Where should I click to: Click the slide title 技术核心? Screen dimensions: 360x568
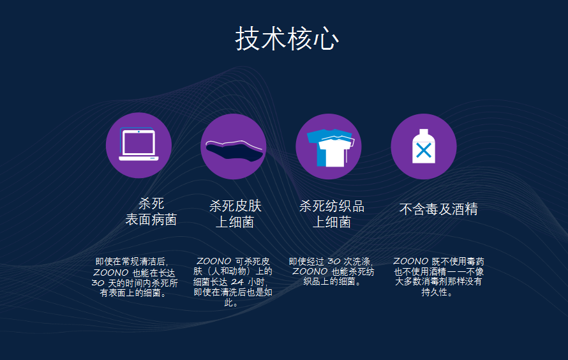coord(287,39)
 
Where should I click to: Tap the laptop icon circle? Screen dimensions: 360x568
coord(138,146)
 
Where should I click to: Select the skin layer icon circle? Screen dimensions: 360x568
coord(233,146)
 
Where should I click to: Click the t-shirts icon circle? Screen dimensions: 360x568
coord(328,146)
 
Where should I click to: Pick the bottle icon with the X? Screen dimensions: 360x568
coord(423,146)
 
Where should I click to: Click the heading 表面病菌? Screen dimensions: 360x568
coord(151,220)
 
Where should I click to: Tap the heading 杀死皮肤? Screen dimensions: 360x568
coord(235,206)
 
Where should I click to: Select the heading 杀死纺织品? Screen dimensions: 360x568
coord(331,206)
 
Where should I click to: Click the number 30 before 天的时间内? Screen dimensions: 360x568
coord(98,282)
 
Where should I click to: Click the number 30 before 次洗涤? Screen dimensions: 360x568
coord(334,261)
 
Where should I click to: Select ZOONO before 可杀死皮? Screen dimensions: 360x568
coord(214,261)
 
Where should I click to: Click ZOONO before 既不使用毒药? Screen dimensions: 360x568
coord(410,261)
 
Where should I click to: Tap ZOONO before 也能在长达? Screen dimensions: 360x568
coord(110,272)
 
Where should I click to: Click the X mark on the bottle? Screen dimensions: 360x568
coord(423,151)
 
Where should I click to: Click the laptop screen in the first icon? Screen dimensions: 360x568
coord(138,142)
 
